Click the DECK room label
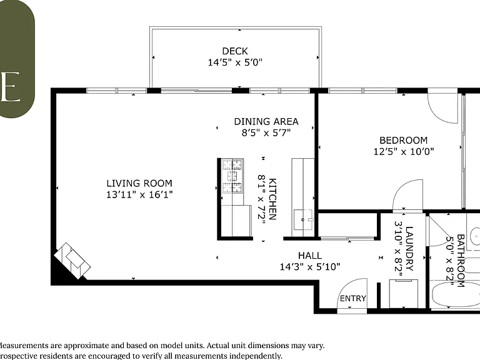click(x=235, y=51)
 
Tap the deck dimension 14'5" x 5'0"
click(x=235, y=62)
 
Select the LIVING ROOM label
click(x=139, y=183)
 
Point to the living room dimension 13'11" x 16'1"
click(x=139, y=195)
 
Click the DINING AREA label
click(x=266, y=121)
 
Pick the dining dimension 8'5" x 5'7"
click(x=266, y=133)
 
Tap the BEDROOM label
click(x=404, y=140)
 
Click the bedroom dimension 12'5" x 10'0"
click(x=404, y=151)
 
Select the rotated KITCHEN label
click(x=272, y=199)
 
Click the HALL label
click(x=310, y=255)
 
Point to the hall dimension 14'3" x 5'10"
click(x=310, y=267)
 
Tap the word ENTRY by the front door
click(x=353, y=298)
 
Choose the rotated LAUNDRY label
click(x=409, y=249)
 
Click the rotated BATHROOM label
click(x=461, y=261)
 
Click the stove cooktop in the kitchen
click(x=232, y=176)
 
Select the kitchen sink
click(x=303, y=219)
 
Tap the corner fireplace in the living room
click(x=72, y=261)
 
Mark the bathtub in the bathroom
click(x=456, y=294)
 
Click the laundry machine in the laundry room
click(x=404, y=294)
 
